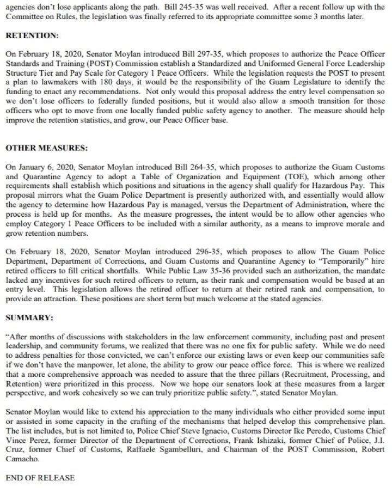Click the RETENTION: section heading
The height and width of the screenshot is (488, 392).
pyautogui.click(x=32, y=35)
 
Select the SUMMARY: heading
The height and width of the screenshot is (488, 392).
pyautogui.click(x=29, y=316)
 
